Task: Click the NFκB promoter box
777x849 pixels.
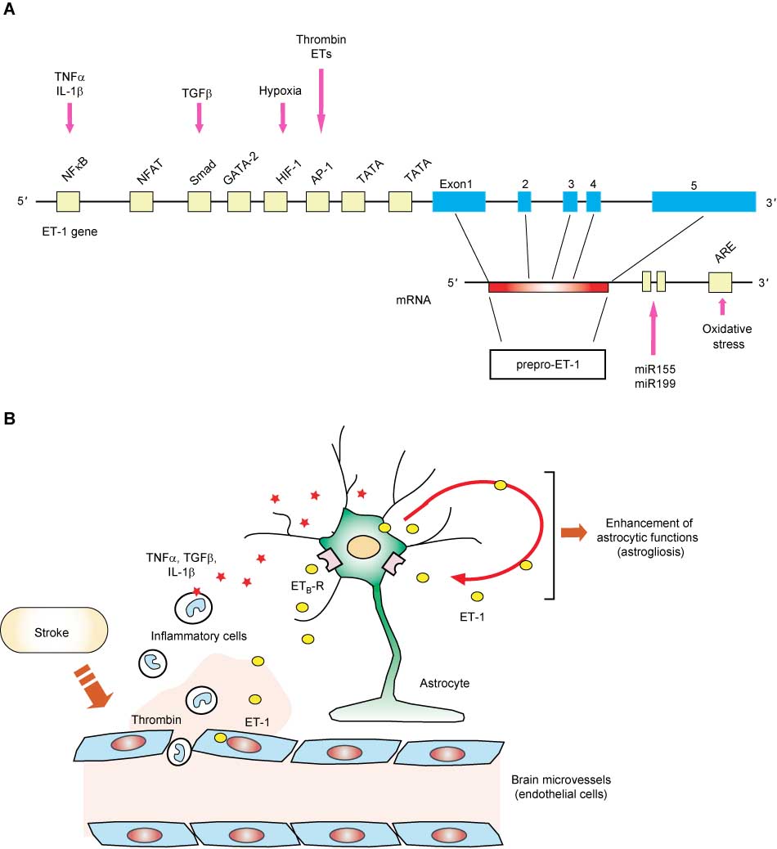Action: click(x=68, y=202)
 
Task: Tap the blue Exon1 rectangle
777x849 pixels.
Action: click(x=459, y=202)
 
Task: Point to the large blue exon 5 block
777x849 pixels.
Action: click(x=703, y=202)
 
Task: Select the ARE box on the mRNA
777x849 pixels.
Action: click(x=721, y=283)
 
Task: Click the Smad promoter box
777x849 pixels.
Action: click(x=200, y=202)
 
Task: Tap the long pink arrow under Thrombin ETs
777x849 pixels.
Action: click(x=321, y=100)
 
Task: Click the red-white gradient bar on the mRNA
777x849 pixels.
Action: click(x=548, y=287)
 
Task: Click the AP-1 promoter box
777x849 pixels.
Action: click(x=317, y=202)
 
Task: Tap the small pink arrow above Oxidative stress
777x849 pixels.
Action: click(x=721, y=307)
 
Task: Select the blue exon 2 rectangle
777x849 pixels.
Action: click(x=524, y=202)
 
